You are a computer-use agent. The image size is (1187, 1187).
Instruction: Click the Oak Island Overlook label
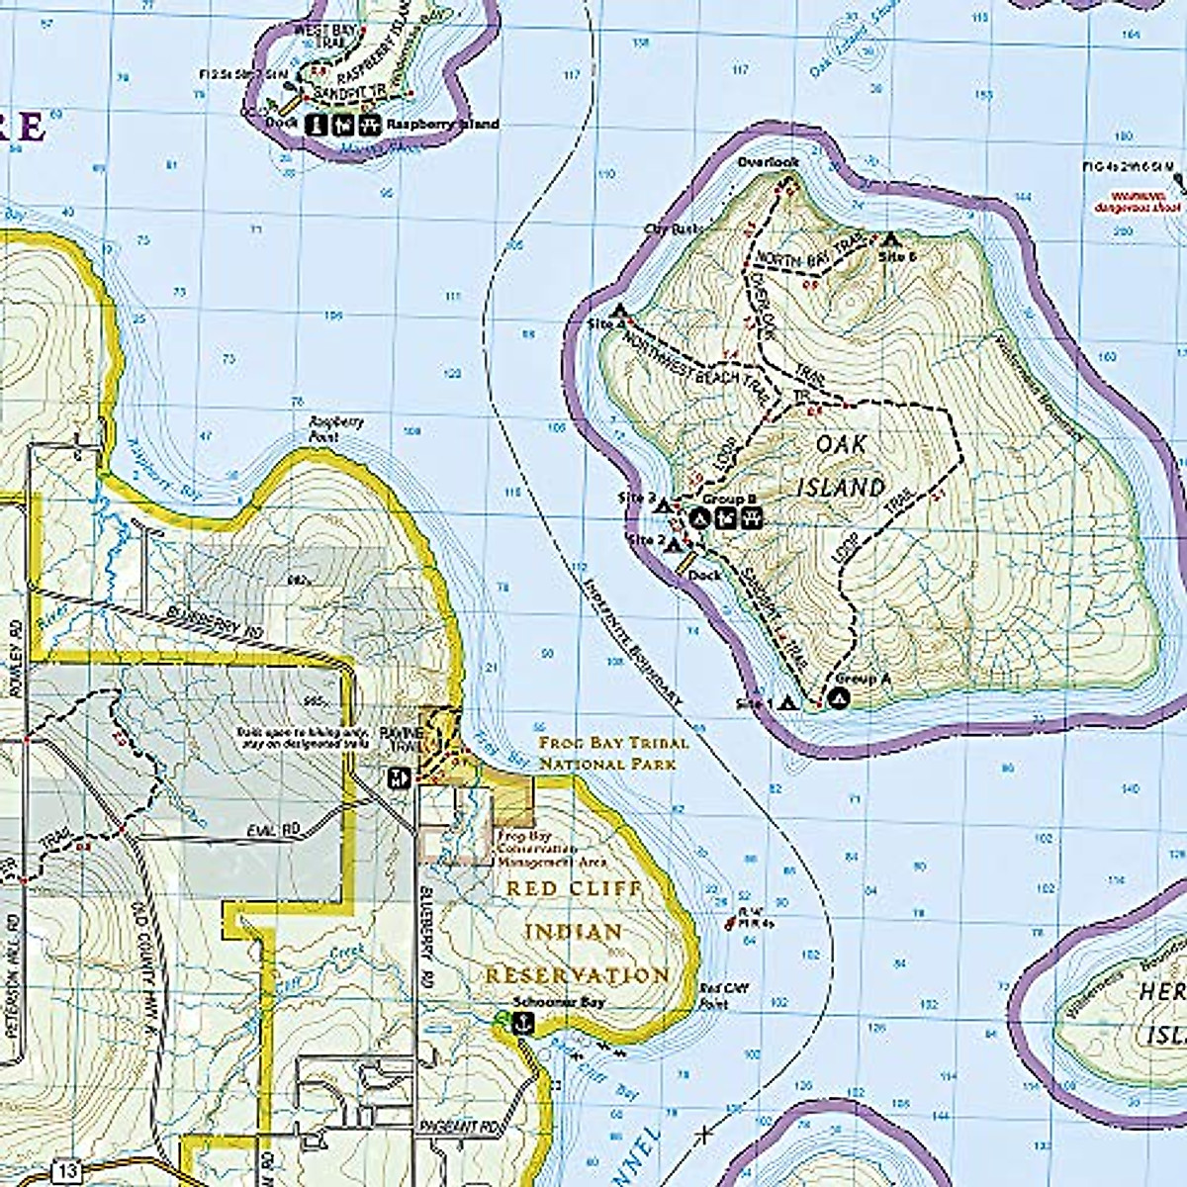pos(767,161)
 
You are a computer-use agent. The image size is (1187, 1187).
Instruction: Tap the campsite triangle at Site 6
pos(890,238)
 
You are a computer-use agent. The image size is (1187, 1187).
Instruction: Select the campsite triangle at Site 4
pos(620,310)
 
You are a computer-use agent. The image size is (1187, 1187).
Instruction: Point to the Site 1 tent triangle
pos(788,703)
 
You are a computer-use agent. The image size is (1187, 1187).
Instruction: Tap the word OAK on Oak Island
pos(841,444)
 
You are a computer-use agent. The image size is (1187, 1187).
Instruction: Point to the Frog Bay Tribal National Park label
pos(613,753)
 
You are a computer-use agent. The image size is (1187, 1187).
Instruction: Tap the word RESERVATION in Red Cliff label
pos(577,975)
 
